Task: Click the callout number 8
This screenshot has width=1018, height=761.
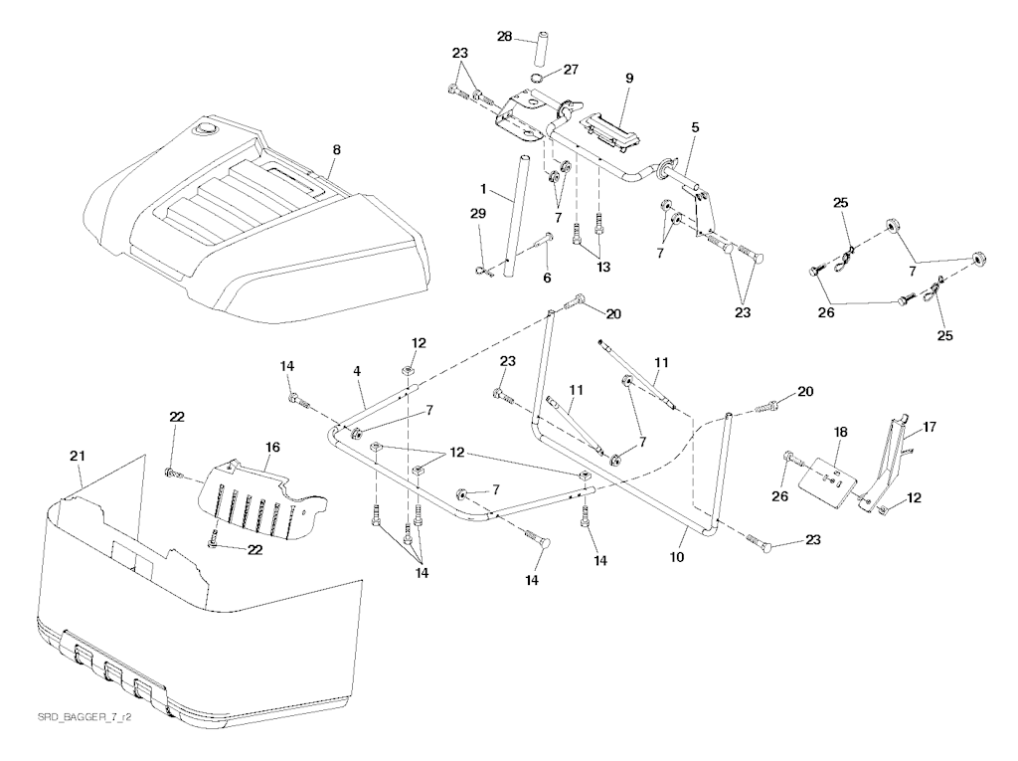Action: (336, 149)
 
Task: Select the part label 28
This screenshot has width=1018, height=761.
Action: (504, 37)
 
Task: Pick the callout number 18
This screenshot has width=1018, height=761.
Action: (841, 433)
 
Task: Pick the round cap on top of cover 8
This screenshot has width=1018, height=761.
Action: (207, 128)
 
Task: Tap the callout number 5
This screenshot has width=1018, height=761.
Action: (696, 127)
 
